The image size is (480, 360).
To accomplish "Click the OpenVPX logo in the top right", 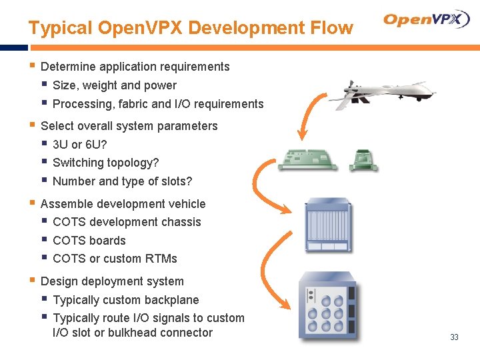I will click(x=427, y=20).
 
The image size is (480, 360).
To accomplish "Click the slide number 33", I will click(x=454, y=337).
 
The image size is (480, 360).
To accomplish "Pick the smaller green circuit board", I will click(x=363, y=160).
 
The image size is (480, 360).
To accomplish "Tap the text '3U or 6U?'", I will click(x=79, y=145).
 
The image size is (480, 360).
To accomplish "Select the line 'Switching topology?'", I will click(x=105, y=163).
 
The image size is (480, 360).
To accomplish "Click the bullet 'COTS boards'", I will click(x=89, y=241).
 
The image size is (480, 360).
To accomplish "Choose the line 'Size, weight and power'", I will click(x=114, y=85).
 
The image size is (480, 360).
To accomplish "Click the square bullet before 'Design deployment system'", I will click(x=32, y=281).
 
